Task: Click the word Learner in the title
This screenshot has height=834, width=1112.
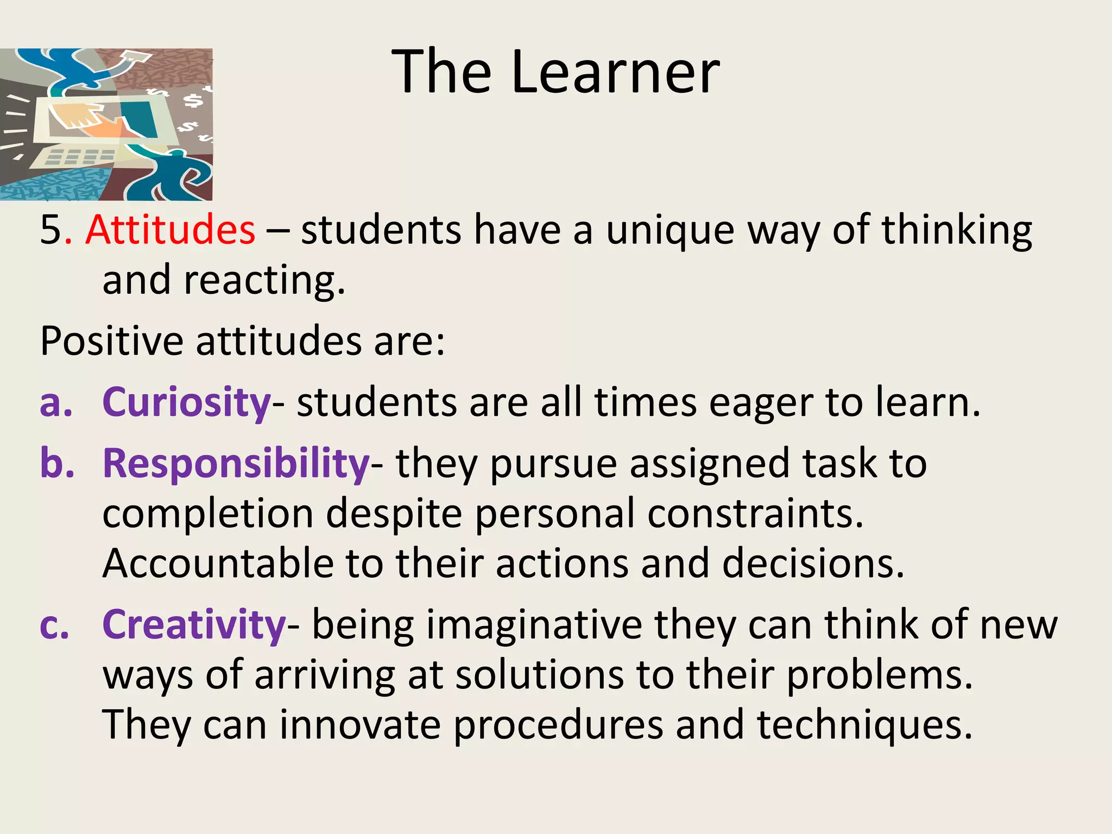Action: (615, 72)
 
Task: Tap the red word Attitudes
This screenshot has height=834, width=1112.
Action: (170, 230)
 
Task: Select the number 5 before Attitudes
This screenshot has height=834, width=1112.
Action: (51, 230)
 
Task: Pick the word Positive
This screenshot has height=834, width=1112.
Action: (112, 342)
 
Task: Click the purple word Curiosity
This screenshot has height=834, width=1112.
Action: (186, 402)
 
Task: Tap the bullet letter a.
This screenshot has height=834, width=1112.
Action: (55, 403)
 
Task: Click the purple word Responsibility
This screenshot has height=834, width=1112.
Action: (236, 464)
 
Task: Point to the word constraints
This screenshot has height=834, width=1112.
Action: (755, 513)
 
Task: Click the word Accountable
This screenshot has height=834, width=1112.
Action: (218, 563)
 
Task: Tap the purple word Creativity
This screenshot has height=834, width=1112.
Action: (194, 624)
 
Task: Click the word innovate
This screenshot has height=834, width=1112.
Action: (360, 725)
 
